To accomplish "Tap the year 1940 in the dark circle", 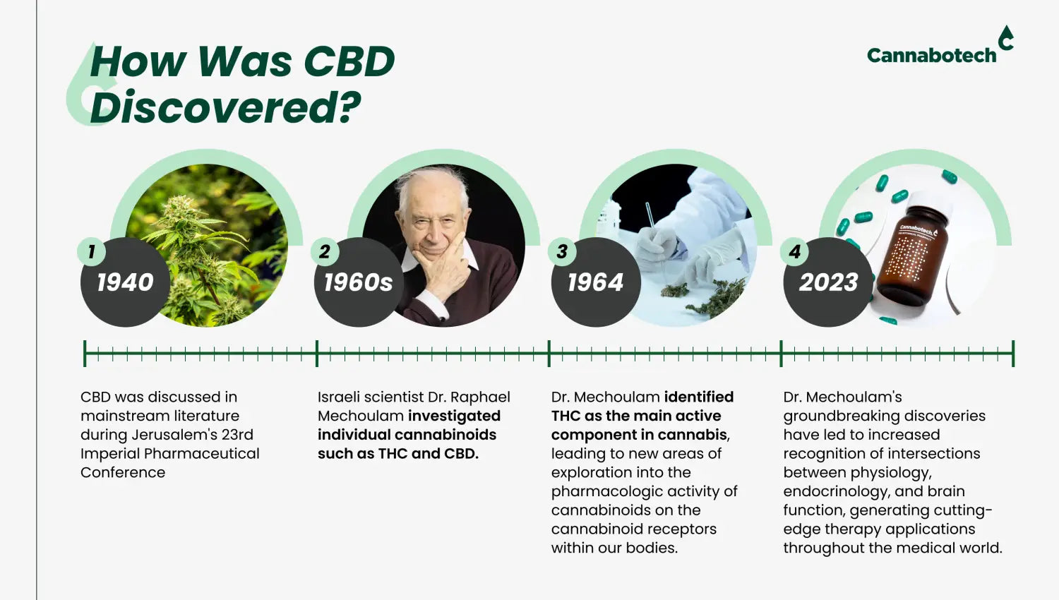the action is [125, 282].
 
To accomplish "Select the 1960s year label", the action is [359, 282].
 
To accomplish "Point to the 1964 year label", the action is [595, 282].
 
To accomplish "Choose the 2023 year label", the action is [828, 282].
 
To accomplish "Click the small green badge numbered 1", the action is [91, 251].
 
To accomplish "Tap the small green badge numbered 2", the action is [324, 251].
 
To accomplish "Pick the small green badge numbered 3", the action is [562, 251].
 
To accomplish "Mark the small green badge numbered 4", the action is [794, 251].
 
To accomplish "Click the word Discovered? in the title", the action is [225, 107].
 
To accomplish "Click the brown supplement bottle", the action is [912, 256].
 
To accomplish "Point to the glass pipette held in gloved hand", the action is [655, 236].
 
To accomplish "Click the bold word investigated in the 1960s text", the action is [455, 416].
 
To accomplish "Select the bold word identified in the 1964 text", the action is [699, 397].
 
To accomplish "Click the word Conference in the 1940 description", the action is [123, 472].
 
